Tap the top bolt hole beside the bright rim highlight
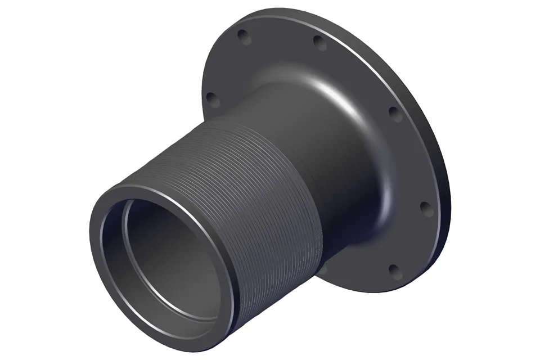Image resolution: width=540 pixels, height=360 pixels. (x=319, y=41)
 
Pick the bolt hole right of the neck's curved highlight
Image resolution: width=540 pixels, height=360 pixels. (x=395, y=115)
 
